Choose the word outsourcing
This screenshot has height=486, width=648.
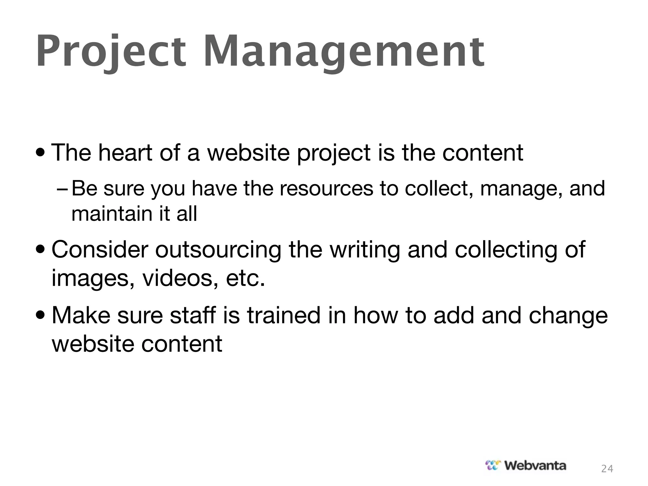pyautogui.click(x=218, y=250)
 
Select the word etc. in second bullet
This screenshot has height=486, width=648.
pyautogui.click(x=245, y=278)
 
